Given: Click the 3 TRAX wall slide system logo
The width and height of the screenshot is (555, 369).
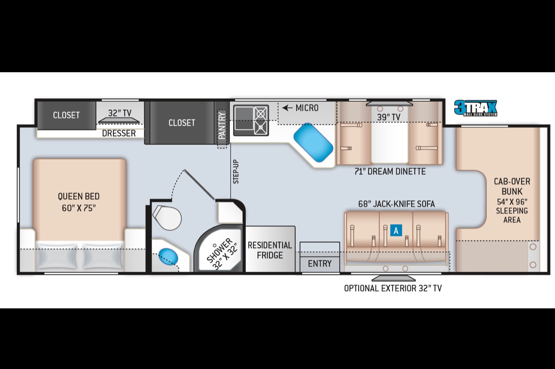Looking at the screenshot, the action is (475, 108).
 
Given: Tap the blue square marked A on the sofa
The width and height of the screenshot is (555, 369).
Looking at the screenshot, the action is (396, 231).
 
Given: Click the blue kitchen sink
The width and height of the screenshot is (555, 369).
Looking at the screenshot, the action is (313, 142).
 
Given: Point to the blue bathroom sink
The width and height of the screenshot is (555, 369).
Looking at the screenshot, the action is (168, 256).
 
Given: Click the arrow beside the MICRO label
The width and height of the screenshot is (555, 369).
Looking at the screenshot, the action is (288, 108).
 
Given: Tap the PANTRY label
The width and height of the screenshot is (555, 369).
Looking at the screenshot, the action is (222, 125).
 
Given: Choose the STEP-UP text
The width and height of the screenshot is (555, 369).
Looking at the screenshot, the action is (236, 172).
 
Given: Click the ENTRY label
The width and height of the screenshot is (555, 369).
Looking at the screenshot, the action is (319, 263).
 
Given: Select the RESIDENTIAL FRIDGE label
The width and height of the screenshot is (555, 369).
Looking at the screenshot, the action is (270, 250).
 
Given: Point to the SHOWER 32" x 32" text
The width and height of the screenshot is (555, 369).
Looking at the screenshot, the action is (222, 254).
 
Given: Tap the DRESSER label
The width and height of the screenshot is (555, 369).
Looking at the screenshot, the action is (119, 133).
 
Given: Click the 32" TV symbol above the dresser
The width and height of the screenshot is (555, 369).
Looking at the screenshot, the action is (119, 120).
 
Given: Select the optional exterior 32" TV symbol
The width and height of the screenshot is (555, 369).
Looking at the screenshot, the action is (393, 278).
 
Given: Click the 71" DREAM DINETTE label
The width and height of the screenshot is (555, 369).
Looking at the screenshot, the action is (390, 171).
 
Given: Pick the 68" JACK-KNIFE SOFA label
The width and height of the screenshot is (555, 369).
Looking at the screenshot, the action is (396, 204).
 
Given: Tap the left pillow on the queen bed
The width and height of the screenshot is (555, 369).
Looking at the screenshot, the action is (57, 256).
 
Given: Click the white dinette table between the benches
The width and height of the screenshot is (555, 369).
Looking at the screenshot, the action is (389, 142).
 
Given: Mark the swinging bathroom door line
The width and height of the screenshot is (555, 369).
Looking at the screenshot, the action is (199, 184).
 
